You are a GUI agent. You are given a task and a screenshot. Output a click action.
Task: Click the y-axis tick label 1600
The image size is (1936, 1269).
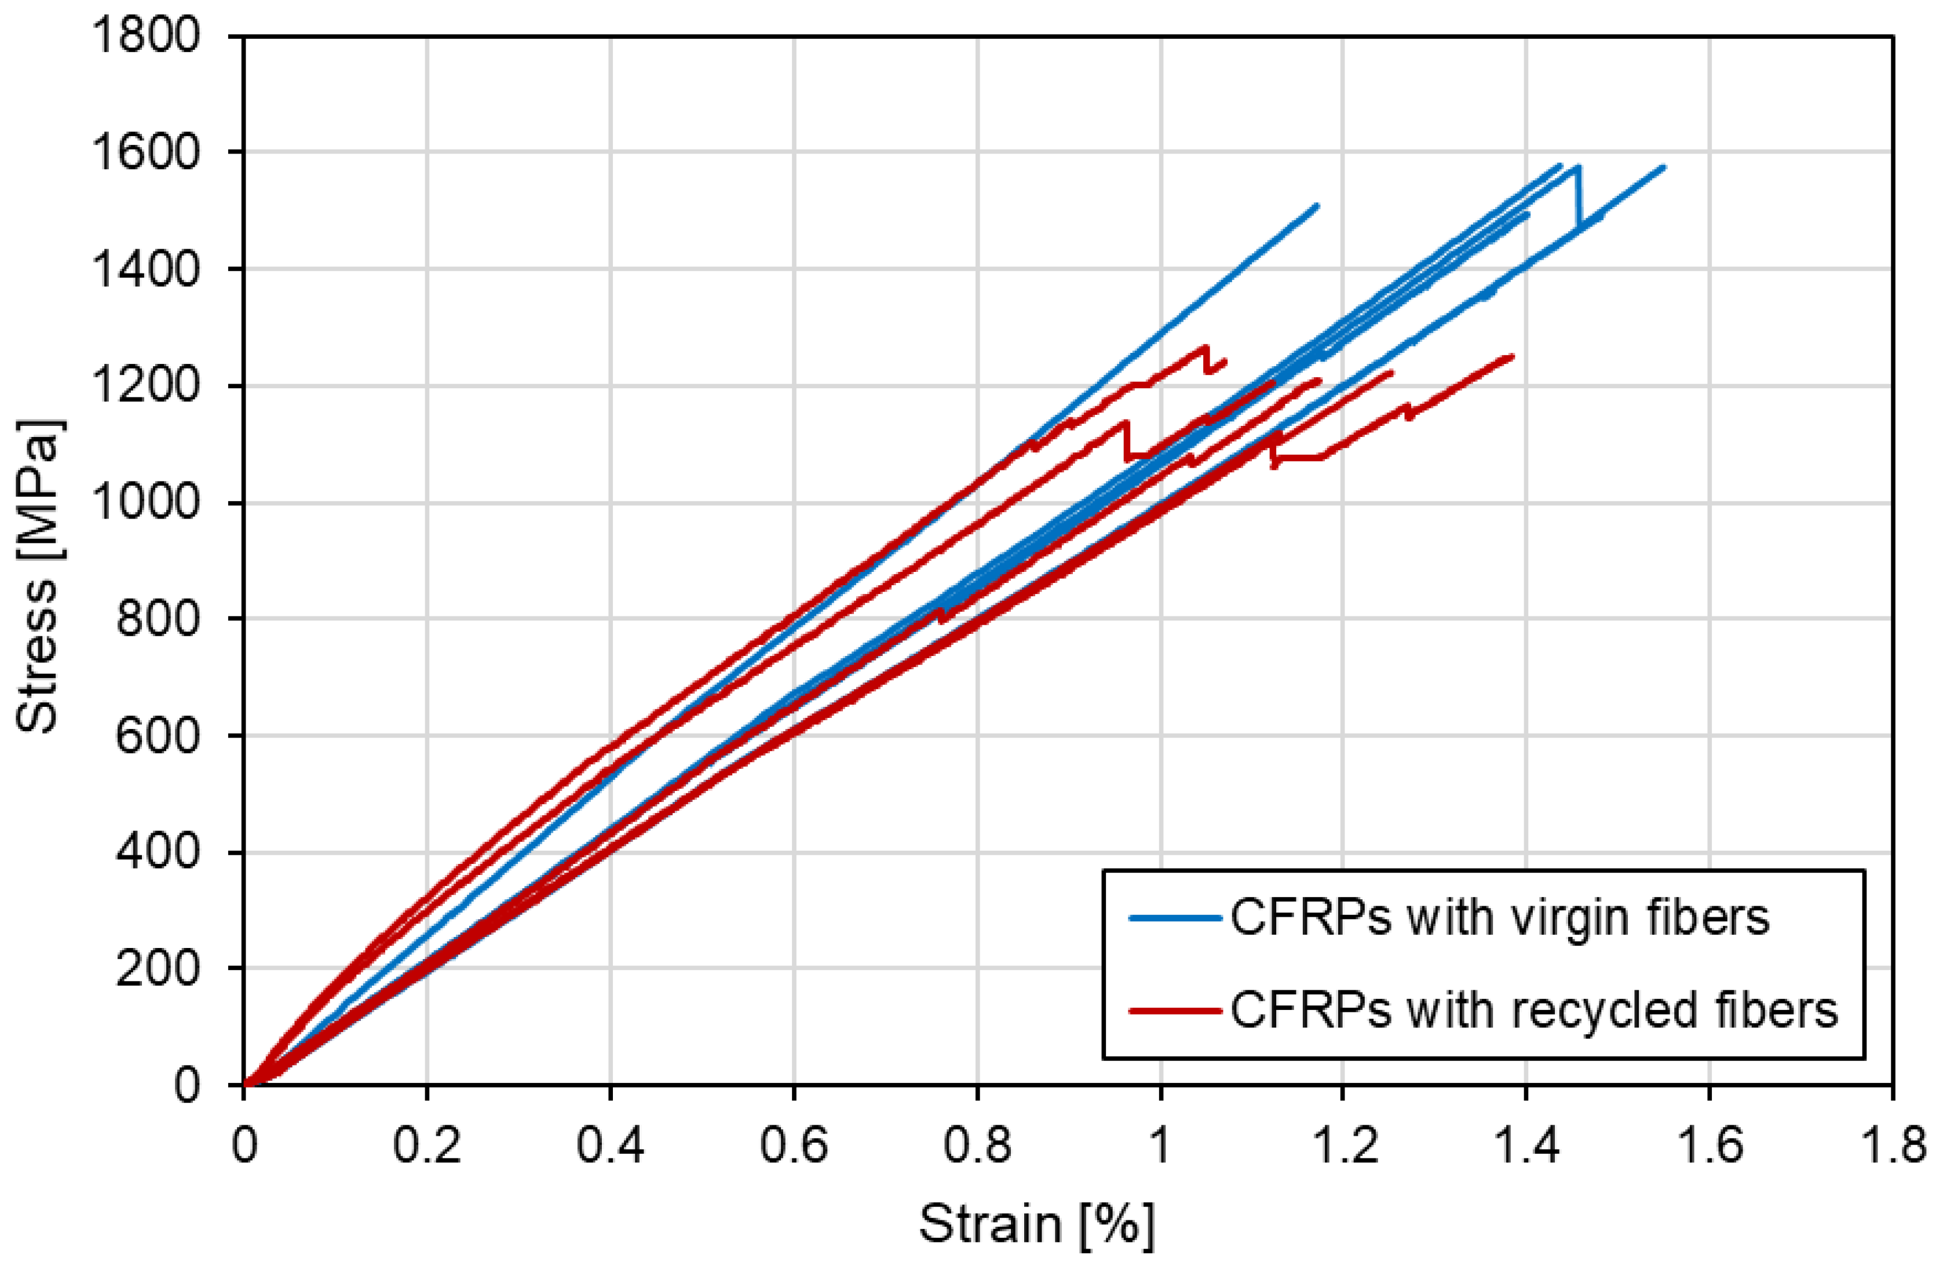[144, 152]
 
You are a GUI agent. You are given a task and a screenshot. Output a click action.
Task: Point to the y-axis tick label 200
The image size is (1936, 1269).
[156, 969]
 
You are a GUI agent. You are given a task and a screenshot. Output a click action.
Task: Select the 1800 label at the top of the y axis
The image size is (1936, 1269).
[144, 36]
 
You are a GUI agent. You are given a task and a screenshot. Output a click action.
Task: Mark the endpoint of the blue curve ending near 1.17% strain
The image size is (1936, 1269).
[1317, 205]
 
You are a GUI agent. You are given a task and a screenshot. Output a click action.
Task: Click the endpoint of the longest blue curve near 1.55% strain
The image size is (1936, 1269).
[1664, 167]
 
